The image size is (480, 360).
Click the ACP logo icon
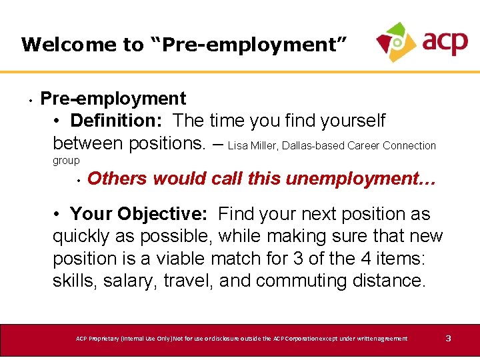[397, 41]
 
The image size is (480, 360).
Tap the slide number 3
[448, 339]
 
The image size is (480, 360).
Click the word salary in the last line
[125, 281]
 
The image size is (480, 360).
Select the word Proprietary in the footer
[110, 339]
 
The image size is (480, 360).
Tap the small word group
[66, 160]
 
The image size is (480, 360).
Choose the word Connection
[409, 145]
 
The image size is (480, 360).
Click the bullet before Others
[78, 180]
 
